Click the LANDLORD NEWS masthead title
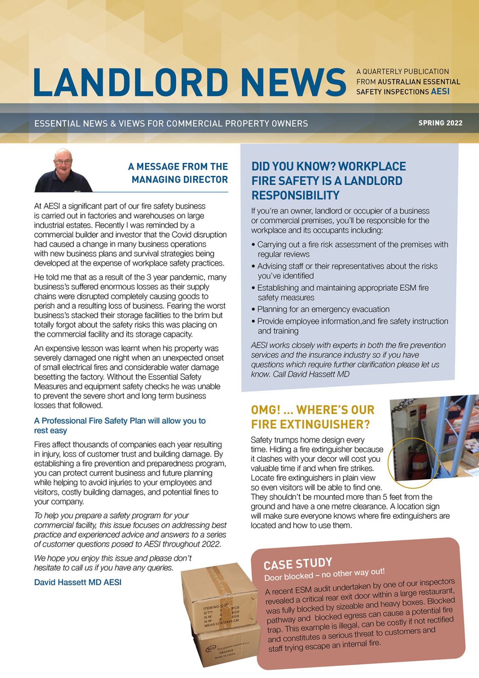(x=189, y=82)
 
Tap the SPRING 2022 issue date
(x=440, y=123)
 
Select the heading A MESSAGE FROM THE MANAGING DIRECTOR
(x=178, y=173)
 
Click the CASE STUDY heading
(x=297, y=564)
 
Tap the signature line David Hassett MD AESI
(x=78, y=582)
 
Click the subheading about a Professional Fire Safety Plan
(x=119, y=425)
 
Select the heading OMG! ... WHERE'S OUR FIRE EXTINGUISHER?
(x=313, y=417)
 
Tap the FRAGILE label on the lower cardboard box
(x=226, y=651)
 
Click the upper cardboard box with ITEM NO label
(x=218, y=597)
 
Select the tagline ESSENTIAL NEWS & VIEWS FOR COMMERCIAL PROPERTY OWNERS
(x=171, y=124)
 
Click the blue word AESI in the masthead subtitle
(x=440, y=92)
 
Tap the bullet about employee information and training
(x=352, y=326)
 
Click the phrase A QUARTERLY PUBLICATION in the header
(x=402, y=72)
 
